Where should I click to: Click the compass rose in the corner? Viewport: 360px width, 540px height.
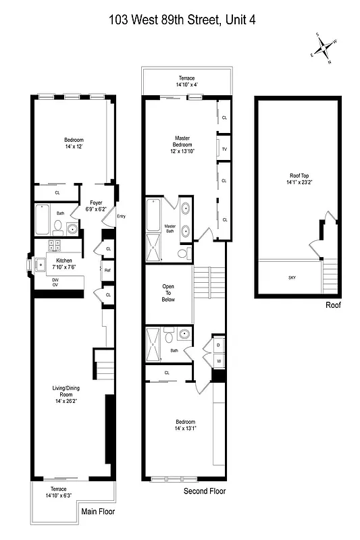click(x=323, y=49)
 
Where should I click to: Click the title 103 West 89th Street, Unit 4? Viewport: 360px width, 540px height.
click(x=182, y=21)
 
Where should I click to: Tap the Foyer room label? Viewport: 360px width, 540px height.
click(x=95, y=205)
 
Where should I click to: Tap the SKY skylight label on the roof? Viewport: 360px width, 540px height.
click(x=292, y=277)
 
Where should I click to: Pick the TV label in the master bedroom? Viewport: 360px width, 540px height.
click(x=224, y=148)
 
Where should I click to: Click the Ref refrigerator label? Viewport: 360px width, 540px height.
click(x=107, y=271)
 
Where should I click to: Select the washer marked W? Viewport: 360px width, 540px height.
click(x=219, y=361)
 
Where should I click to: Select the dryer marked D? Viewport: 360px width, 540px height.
click(x=219, y=346)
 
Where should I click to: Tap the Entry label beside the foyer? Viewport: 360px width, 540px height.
click(x=121, y=216)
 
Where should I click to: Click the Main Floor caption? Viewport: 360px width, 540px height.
click(x=98, y=511)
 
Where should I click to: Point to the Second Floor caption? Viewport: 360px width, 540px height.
click(x=205, y=491)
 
